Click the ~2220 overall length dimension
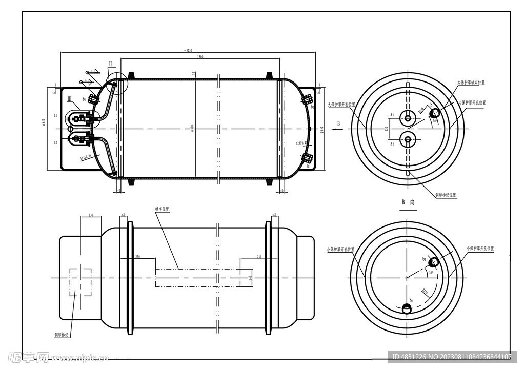[188, 50]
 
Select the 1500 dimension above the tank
[200, 57]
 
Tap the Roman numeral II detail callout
[110, 64]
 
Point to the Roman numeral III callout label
[70, 108]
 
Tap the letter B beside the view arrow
[338, 123]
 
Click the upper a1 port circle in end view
[408, 118]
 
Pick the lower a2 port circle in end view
[408, 137]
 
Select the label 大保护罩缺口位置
[471, 82]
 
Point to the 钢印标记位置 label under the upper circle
[446, 195]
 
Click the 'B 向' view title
[408, 202]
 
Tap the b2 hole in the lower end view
[434, 262]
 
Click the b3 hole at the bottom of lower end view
[407, 308]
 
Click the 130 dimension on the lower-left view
[91, 215]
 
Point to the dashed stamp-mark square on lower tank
[80, 281]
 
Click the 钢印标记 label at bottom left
[62, 335]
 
